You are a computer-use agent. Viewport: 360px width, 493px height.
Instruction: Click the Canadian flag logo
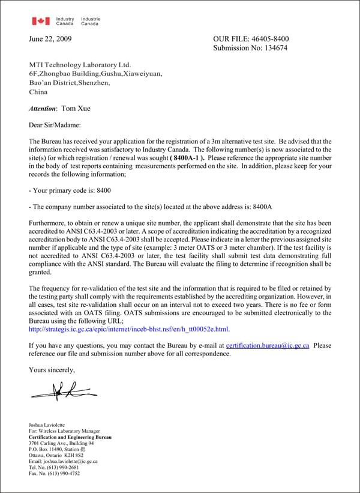tap(41, 22)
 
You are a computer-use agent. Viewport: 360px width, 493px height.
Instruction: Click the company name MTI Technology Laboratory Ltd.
tap(80, 64)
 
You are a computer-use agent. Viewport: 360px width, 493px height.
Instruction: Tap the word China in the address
tap(38, 92)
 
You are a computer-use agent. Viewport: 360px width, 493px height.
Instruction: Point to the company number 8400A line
tap(151, 207)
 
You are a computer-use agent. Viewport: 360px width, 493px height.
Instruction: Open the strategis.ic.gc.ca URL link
tap(129, 329)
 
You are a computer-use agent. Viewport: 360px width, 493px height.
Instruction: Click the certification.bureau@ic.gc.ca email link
tap(268, 346)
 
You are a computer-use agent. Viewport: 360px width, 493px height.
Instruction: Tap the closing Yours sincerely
tap(52, 370)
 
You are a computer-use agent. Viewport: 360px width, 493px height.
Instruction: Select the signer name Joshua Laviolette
tap(50, 425)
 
